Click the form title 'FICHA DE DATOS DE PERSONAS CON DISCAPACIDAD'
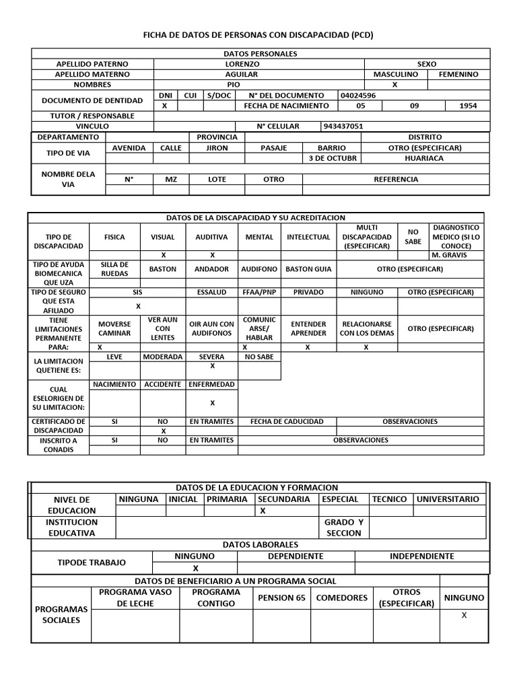(x=259, y=35)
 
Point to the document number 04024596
(x=358, y=96)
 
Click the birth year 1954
(x=468, y=106)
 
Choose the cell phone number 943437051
(x=343, y=126)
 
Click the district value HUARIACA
(x=424, y=158)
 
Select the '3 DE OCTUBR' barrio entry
(x=333, y=158)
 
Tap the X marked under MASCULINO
(x=394, y=85)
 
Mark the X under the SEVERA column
(x=212, y=366)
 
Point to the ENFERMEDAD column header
(x=211, y=384)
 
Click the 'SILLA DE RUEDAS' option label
(x=114, y=269)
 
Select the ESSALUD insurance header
(x=211, y=293)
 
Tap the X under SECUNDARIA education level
(x=263, y=511)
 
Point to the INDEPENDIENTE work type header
(x=421, y=556)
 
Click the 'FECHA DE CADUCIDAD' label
(x=287, y=421)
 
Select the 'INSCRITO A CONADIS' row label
(x=58, y=445)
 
